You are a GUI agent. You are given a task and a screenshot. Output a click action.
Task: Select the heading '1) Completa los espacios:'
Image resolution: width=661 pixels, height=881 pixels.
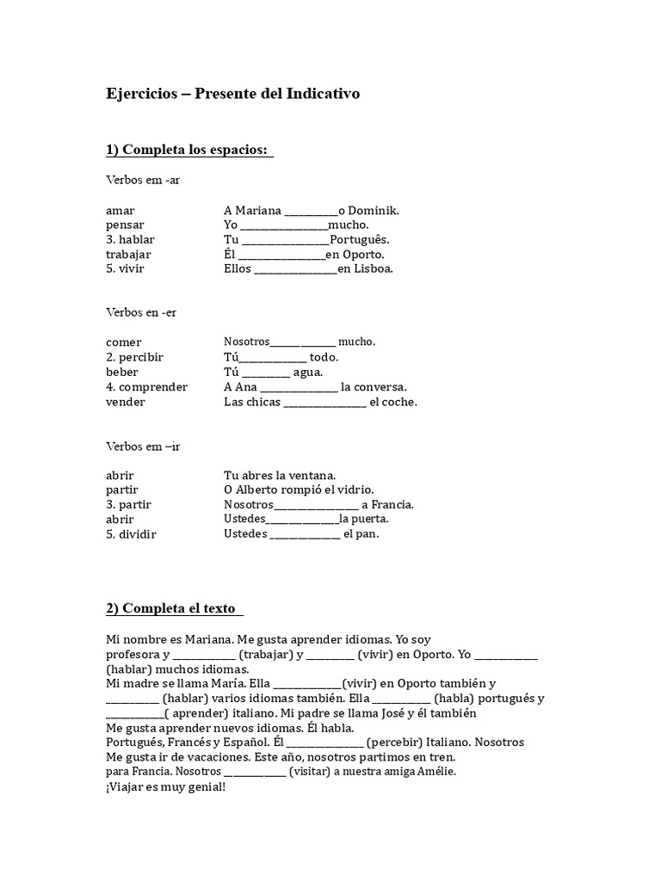click(x=188, y=151)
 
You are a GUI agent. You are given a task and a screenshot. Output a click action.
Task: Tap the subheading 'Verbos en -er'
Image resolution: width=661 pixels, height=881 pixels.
click(x=141, y=312)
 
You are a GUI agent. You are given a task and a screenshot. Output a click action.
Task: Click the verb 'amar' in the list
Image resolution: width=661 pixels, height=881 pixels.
click(x=120, y=211)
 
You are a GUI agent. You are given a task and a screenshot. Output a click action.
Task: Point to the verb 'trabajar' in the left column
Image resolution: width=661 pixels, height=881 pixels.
click(x=128, y=255)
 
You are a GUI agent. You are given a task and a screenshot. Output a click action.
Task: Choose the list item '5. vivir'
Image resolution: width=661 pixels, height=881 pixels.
click(x=126, y=269)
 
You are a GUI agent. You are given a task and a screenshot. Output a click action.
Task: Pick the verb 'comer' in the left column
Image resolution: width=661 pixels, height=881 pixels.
click(x=124, y=342)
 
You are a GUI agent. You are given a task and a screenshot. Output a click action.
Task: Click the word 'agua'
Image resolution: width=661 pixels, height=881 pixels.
click(x=307, y=373)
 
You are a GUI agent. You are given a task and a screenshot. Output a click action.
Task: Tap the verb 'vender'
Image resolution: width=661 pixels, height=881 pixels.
click(x=126, y=402)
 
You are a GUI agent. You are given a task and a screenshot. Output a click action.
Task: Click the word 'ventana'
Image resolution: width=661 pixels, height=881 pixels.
click(x=309, y=476)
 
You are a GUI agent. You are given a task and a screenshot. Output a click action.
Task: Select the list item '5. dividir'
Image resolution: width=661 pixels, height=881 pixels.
click(x=132, y=534)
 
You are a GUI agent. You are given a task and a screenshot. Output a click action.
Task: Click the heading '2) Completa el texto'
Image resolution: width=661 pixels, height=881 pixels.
click(x=173, y=608)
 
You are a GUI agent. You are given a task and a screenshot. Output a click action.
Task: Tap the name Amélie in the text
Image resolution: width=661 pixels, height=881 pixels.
click(x=435, y=772)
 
